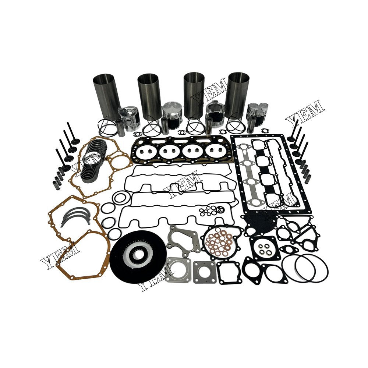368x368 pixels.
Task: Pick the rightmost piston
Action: point(257,114)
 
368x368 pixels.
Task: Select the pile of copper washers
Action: point(220,243)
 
